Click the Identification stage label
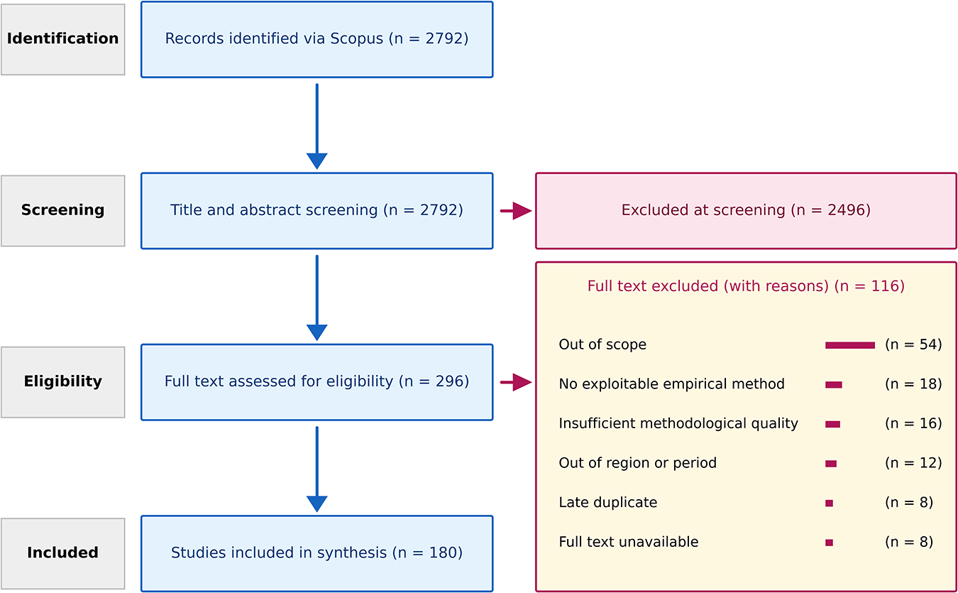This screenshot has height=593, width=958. (x=62, y=39)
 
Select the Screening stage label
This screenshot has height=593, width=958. (x=62, y=210)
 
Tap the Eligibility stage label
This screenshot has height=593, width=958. (x=62, y=382)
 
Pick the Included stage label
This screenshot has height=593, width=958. (x=62, y=553)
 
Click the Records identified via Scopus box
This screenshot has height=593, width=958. (x=316, y=39)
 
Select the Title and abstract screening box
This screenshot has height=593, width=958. (x=316, y=210)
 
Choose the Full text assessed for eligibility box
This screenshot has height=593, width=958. (x=316, y=382)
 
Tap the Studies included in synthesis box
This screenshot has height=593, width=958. (x=316, y=553)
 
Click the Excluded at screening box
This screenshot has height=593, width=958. (x=746, y=210)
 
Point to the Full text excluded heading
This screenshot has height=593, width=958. (x=746, y=287)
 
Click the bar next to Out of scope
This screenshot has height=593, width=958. (x=849, y=345)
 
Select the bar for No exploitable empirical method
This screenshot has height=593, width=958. (x=833, y=385)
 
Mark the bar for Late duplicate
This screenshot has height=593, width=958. (x=829, y=504)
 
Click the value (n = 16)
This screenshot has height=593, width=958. (x=913, y=424)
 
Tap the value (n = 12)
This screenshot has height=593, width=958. (x=913, y=464)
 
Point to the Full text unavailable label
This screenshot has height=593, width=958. (x=628, y=543)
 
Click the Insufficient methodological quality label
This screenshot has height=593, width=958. (x=678, y=424)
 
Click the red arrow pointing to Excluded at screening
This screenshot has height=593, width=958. (x=516, y=211)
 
